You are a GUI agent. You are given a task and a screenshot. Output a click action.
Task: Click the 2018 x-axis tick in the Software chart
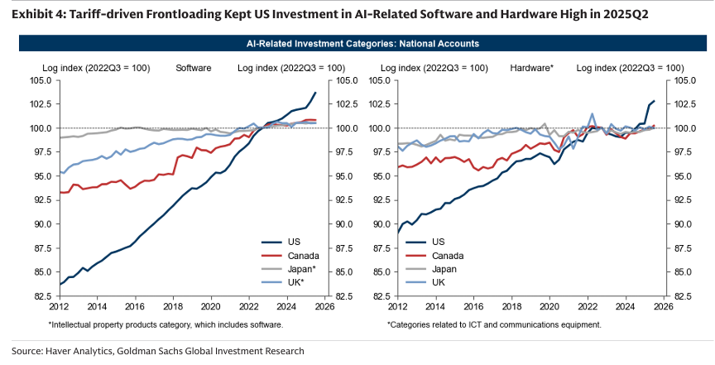click(x=173, y=305)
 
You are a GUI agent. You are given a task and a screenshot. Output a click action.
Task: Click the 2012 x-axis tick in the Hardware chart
click(x=398, y=305)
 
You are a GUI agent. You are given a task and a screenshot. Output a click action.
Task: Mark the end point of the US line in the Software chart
click(x=315, y=93)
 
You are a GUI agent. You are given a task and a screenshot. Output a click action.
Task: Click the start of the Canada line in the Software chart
click(x=61, y=192)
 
